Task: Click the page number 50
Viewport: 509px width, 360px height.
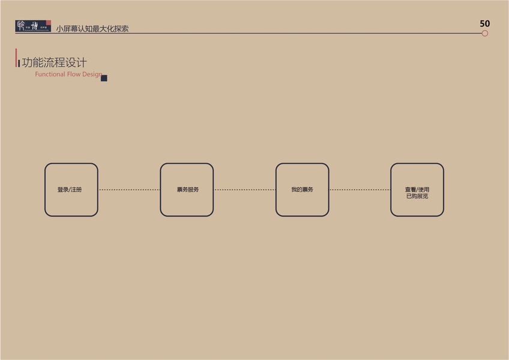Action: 485,23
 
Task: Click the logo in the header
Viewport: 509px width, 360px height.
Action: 33,26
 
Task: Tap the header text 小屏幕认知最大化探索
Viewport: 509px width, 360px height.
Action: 92,28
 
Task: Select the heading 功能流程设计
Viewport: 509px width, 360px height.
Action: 55,62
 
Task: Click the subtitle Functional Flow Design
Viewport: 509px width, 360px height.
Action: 68,74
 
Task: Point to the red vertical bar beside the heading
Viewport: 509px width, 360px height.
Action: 17,58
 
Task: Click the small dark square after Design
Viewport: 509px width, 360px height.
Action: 104,78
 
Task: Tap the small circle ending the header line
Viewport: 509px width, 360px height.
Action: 485,34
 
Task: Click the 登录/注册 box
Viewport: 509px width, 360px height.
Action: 71,190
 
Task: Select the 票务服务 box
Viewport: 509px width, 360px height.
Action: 187,190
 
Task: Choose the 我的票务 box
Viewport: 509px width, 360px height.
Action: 302,190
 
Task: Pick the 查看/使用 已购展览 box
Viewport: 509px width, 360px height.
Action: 417,190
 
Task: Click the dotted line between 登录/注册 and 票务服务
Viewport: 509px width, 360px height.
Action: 128,190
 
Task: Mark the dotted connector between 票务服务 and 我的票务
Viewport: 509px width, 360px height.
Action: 244,190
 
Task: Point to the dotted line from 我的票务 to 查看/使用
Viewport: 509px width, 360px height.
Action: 360,190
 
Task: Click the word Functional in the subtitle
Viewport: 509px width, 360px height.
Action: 50,74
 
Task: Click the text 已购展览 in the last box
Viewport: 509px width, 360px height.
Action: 417,196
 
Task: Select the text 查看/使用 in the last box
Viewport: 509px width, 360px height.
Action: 417,190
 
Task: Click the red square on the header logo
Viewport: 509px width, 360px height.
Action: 48,23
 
